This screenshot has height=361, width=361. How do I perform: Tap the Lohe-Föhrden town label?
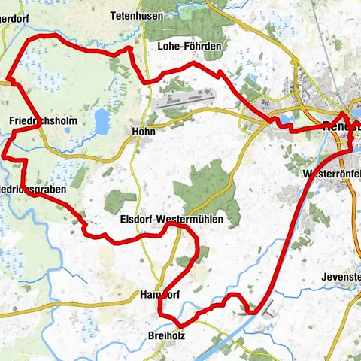(189, 47)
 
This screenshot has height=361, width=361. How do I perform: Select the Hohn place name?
(143, 131)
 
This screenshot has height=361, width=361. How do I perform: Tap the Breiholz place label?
(166, 335)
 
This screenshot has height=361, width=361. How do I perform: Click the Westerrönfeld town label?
(330, 173)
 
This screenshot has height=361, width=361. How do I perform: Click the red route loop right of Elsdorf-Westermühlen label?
(190, 248)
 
